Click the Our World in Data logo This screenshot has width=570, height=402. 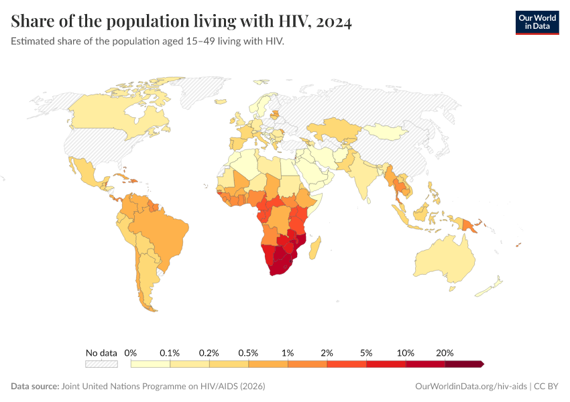536,22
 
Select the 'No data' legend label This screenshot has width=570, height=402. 101,352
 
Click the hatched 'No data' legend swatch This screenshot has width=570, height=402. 101,364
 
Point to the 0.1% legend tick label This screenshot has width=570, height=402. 170,352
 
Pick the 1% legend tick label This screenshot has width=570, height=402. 288,352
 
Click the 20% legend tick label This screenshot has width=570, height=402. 445,352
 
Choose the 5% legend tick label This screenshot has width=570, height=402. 366,352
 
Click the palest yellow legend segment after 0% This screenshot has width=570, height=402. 150,364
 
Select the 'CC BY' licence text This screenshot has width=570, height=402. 547,387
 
